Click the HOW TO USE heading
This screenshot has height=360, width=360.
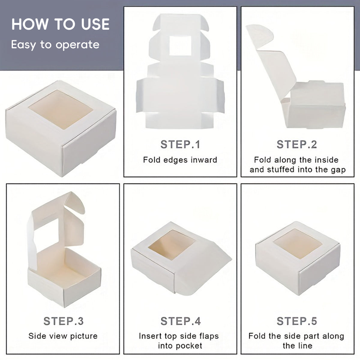click(x=60, y=24)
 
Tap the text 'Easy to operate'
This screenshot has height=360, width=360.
click(x=55, y=45)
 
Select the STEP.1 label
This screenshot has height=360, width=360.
click(x=180, y=144)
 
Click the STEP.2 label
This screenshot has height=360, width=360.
click(x=297, y=144)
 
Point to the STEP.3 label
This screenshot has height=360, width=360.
click(x=64, y=321)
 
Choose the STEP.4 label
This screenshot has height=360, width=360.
click(x=181, y=321)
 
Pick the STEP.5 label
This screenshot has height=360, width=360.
click(x=297, y=321)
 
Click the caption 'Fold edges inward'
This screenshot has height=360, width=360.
click(x=180, y=160)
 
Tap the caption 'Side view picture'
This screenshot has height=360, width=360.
click(x=63, y=336)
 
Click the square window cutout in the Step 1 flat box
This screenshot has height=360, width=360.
click(x=180, y=46)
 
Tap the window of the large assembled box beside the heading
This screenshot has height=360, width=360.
click(x=61, y=109)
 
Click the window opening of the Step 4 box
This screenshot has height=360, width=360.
click(x=172, y=245)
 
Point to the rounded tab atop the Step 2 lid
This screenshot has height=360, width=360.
click(x=260, y=36)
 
